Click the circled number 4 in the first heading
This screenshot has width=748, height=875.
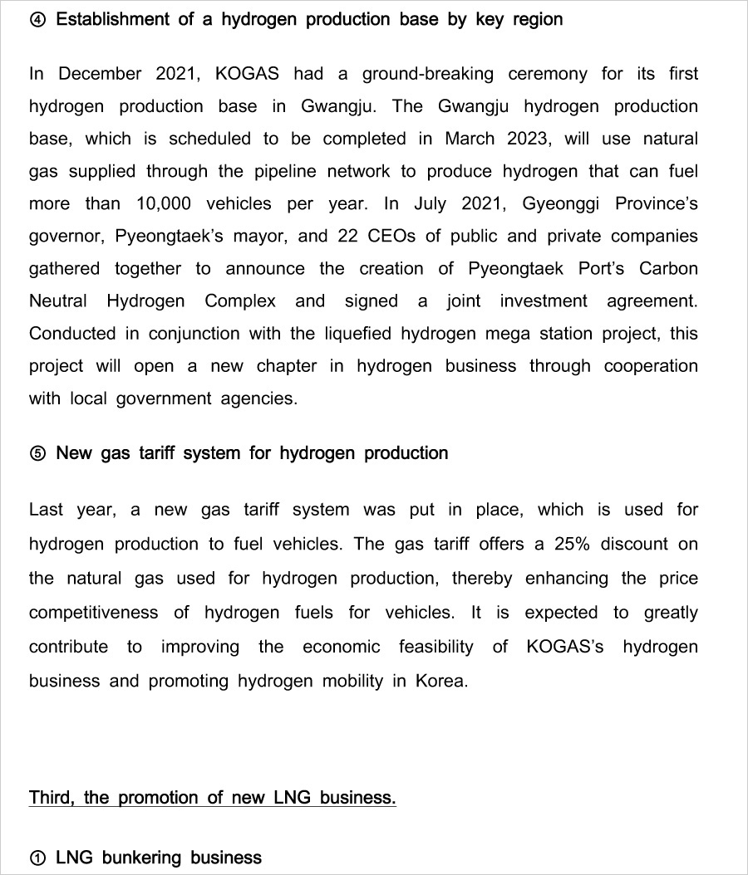tap(37, 20)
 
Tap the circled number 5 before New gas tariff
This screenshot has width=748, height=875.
tap(37, 454)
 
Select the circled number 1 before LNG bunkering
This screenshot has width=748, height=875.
tap(37, 858)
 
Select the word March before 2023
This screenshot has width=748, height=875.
tap(471, 139)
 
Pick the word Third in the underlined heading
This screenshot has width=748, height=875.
tap(52, 798)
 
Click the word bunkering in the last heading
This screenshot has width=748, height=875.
tap(141, 858)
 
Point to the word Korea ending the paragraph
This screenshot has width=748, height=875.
tap(441, 682)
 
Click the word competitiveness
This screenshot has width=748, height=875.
tap(93, 613)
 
